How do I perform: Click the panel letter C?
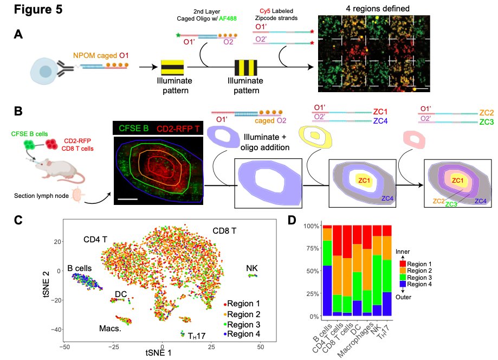pos(18,221)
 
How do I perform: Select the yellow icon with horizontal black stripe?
pos(173,68)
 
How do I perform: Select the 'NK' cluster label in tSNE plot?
pos(252,267)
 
